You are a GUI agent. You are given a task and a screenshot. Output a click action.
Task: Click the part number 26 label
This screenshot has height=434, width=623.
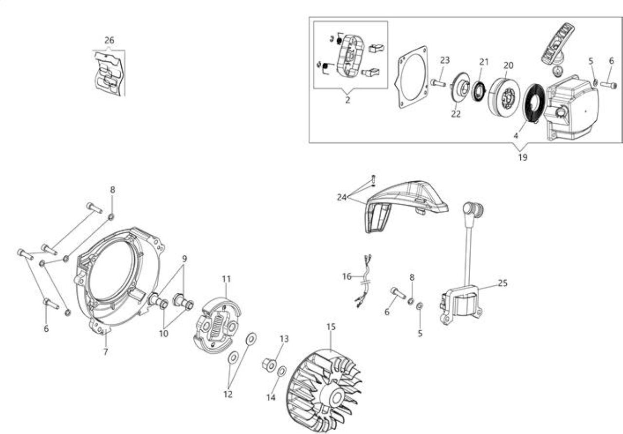point(110,40)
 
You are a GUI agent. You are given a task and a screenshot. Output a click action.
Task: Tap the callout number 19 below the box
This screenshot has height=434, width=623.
point(523,157)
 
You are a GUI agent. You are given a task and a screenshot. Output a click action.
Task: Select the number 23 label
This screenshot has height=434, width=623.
point(445,60)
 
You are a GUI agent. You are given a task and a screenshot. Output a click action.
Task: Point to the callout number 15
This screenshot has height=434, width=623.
point(331,327)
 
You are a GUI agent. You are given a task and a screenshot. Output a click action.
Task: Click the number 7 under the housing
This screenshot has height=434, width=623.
point(106,352)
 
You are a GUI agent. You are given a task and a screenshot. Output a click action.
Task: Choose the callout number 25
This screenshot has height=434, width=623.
point(503,283)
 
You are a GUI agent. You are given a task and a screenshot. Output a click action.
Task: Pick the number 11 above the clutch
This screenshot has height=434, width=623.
point(226,279)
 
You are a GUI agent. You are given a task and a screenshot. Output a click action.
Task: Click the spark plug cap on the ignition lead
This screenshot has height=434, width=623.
point(473,209)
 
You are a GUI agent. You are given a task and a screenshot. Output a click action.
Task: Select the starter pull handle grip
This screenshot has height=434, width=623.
point(557,43)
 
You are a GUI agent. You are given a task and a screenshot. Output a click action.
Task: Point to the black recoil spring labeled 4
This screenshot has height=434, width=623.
point(534,103)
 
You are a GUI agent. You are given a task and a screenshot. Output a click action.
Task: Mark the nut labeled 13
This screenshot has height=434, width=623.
point(269,365)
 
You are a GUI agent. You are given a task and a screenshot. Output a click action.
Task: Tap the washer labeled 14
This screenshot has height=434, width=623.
point(282,372)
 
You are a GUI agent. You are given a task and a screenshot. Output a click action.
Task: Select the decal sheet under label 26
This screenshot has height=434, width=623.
point(109,73)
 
